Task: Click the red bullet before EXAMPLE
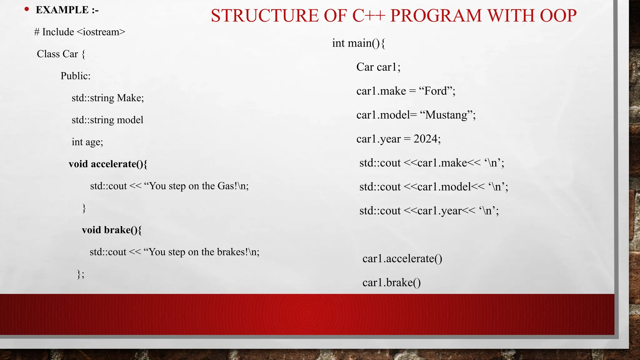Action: click(x=27, y=9)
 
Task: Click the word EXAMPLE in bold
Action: click(x=62, y=10)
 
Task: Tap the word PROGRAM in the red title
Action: click(x=436, y=16)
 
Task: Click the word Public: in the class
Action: click(x=75, y=76)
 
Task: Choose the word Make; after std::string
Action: click(x=130, y=98)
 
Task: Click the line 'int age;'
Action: click(x=87, y=142)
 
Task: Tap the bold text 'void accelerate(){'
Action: click(x=108, y=164)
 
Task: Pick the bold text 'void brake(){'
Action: click(x=112, y=230)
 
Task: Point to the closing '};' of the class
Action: click(x=81, y=274)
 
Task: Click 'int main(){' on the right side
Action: click(x=358, y=43)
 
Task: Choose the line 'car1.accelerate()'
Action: click(x=402, y=259)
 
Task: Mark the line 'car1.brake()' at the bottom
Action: click(x=392, y=283)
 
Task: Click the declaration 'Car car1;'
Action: click(x=378, y=67)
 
